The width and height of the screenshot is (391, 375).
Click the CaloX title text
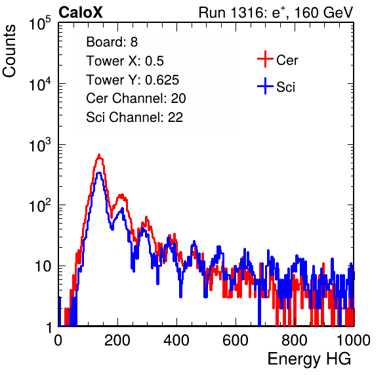point(81,12)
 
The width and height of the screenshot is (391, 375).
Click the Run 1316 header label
point(276,12)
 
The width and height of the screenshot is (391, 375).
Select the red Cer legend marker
point(265,59)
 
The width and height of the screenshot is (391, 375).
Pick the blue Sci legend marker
point(265,87)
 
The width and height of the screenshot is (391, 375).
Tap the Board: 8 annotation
point(112,42)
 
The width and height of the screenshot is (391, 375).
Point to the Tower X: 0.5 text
point(125,61)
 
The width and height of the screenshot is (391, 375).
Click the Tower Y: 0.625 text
point(133,80)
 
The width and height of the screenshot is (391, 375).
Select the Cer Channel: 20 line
point(136,98)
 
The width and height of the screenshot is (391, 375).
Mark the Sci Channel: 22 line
point(134,117)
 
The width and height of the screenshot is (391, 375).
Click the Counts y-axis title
point(9,51)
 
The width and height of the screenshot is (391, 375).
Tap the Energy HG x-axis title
point(309,359)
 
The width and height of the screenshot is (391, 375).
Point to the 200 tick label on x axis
point(117,340)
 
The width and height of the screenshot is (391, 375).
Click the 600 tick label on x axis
point(236,340)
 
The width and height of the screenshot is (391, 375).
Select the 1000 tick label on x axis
point(354,340)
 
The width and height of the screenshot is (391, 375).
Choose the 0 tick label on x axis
point(58,340)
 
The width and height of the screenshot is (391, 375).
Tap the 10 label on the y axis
point(43,266)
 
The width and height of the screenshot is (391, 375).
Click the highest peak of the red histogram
point(99,155)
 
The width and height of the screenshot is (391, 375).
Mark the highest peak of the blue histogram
point(99,172)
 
